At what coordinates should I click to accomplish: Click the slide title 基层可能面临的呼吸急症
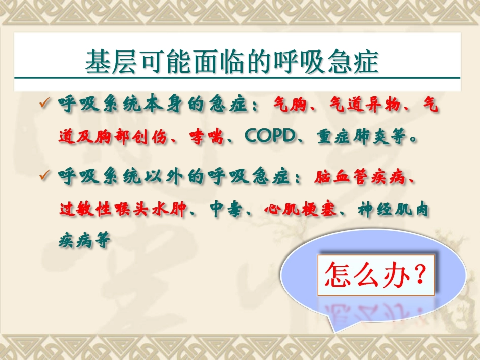pos(232,62)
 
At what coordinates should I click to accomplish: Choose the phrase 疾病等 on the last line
pos(84,241)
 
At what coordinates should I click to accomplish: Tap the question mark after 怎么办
pos(418,275)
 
